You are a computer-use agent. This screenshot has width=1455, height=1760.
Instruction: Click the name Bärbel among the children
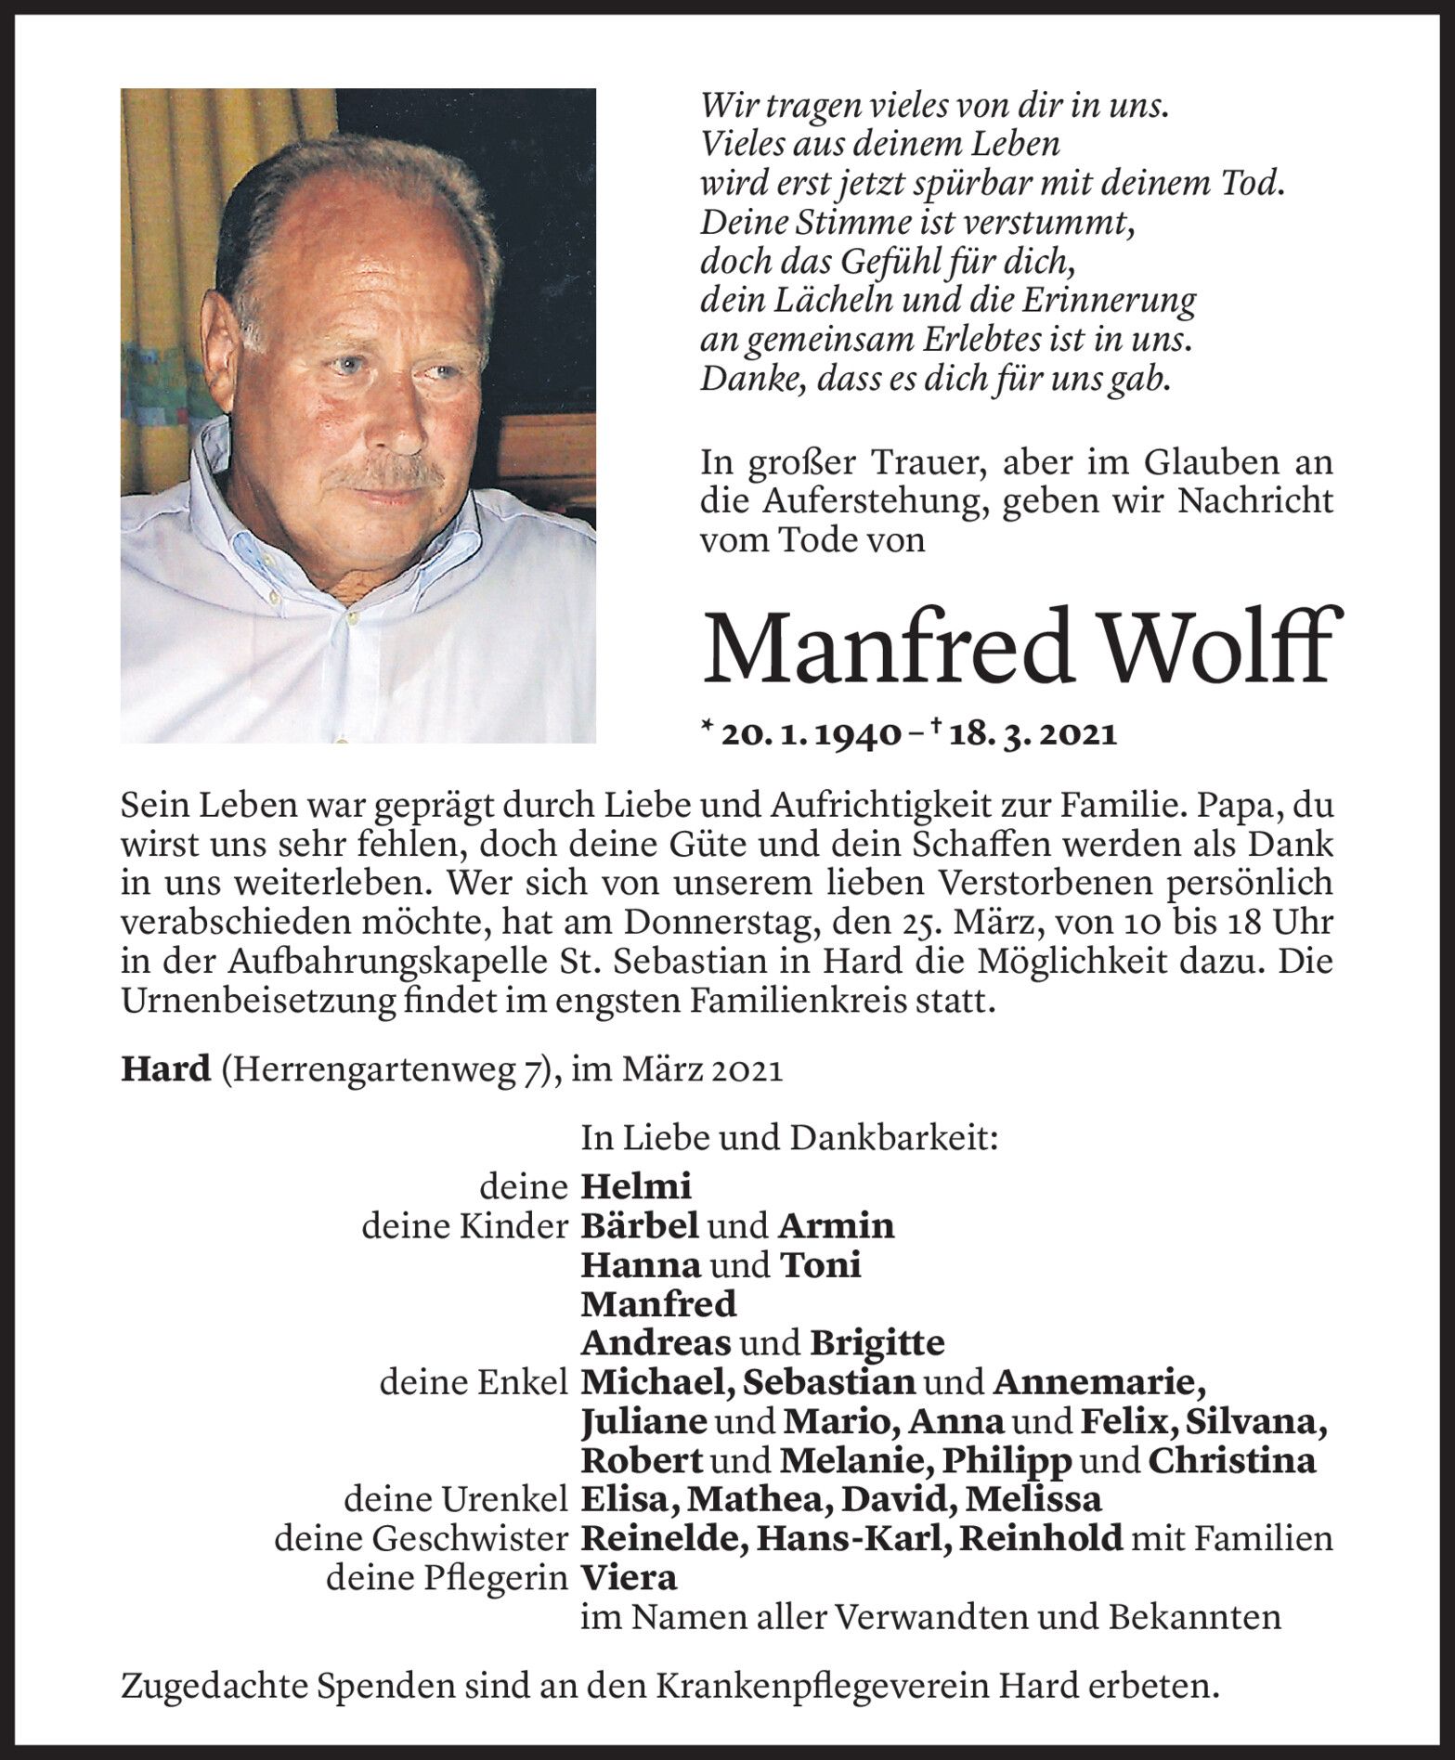point(639,1225)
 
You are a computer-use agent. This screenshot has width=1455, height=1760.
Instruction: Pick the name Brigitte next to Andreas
point(877,1342)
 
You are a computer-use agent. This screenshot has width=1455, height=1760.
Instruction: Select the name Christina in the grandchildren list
point(1231,1460)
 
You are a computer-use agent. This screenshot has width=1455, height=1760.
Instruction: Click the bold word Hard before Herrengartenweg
point(166,1069)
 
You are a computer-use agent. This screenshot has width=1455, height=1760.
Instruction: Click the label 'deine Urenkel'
point(455,1499)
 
